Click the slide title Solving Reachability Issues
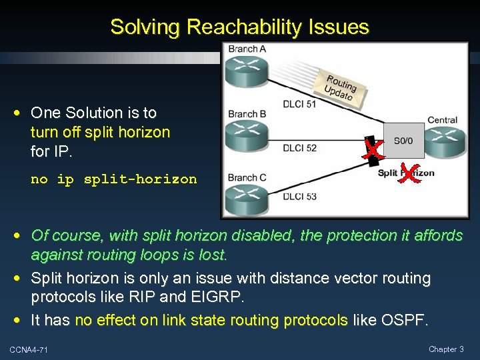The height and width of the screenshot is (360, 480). [x=239, y=27]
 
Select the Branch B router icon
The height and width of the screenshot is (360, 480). [x=246, y=136]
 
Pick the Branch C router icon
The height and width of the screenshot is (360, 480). [x=246, y=199]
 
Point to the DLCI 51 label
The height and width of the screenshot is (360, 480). [x=299, y=103]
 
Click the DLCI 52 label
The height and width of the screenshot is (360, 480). [x=299, y=147]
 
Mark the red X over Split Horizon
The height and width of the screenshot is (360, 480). [x=409, y=173]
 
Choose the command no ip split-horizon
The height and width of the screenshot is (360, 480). [x=114, y=179]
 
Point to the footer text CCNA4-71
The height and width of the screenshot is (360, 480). [x=29, y=350]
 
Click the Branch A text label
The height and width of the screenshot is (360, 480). [x=247, y=49]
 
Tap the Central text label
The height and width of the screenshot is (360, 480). [x=442, y=121]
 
